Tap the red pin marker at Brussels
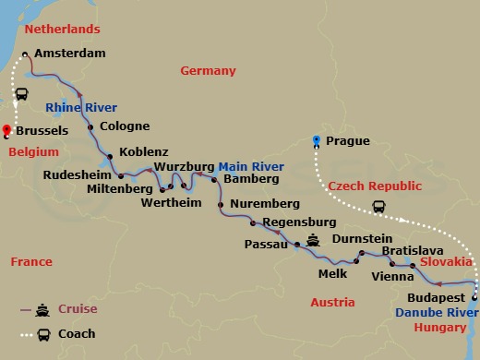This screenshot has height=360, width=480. pyautogui.click(x=7, y=130)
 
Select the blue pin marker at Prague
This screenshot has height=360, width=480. pyautogui.click(x=317, y=140)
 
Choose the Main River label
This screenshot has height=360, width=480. pyautogui.click(x=251, y=167)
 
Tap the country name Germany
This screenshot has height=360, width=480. pyautogui.click(x=208, y=71)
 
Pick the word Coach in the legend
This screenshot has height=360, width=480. pyautogui.click(x=77, y=333)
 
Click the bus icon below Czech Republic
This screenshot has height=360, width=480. pyautogui.click(x=378, y=207)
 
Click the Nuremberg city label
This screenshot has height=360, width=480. pyautogui.click(x=265, y=203)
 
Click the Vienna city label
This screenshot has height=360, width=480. pyautogui.click(x=390, y=276)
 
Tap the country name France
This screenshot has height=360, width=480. pyautogui.click(x=31, y=262)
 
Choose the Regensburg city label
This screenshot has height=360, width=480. pyautogui.click(x=299, y=222)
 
